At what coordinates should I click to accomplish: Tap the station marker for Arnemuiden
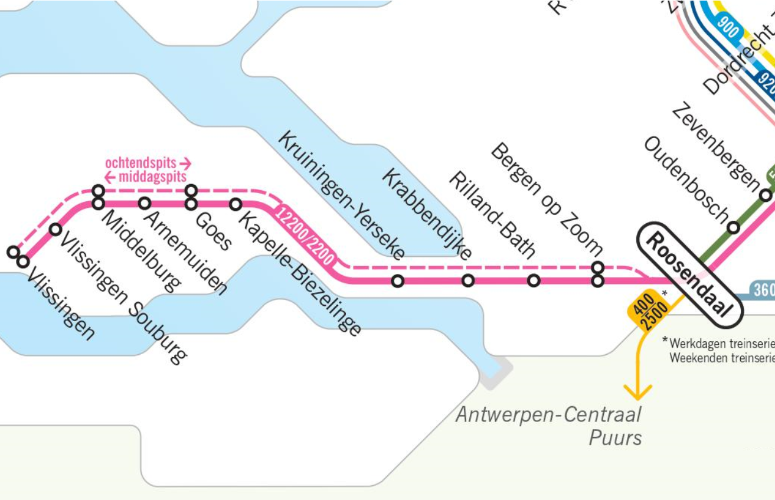145,204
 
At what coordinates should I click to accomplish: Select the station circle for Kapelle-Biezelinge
236,204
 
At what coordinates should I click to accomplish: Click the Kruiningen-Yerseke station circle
398,281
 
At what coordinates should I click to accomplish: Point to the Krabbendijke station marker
468,281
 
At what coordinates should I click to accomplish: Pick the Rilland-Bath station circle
534,281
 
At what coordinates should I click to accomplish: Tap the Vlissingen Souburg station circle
55,229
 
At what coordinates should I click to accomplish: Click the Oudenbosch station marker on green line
733,227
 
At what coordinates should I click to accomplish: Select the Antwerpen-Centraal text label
548,414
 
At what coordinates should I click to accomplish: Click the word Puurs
615,438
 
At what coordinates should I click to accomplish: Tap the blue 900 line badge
727,28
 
